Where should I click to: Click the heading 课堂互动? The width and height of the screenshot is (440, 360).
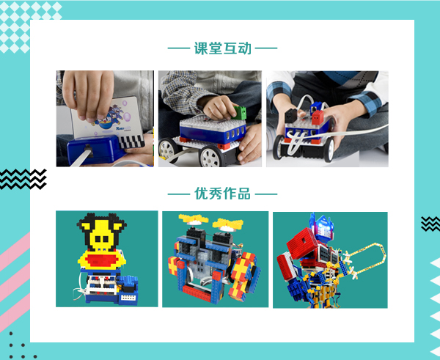pyautogui.click(x=222, y=48)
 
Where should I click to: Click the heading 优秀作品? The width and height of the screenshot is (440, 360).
pyautogui.click(x=222, y=194)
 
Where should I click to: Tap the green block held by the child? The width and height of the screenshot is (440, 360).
pyautogui.click(x=240, y=112)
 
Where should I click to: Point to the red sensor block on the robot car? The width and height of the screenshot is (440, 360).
pyautogui.click(x=318, y=118)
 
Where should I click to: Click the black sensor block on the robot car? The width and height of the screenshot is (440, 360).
pyautogui.click(x=291, y=115)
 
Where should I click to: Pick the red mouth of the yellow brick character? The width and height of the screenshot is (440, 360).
pyautogui.click(x=102, y=260)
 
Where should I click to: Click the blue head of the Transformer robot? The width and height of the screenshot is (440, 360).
pyautogui.click(x=323, y=227)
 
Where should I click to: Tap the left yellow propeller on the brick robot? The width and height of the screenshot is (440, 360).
pyautogui.click(x=194, y=218)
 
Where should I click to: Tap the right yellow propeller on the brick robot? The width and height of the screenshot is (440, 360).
pyautogui.click(x=228, y=224)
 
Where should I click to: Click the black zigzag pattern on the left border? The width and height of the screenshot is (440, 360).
pyautogui.click(x=23, y=179)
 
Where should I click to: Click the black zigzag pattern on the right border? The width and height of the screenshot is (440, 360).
pyautogui.click(x=430, y=224)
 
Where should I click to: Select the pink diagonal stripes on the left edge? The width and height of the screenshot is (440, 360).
pyautogui.click(x=15, y=281)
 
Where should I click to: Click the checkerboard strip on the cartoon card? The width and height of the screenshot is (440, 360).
pyautogui.click(x=131, y=142)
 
